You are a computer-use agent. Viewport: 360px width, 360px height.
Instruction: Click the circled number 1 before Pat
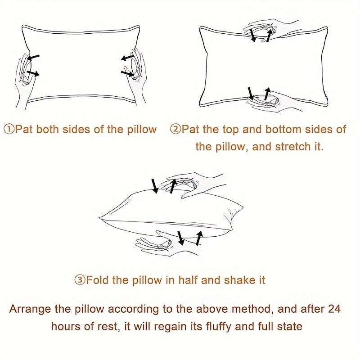(9, 129)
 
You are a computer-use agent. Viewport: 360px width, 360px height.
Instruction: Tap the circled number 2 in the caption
(175, 129)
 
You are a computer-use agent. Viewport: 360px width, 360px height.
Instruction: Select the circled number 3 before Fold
(80, 280)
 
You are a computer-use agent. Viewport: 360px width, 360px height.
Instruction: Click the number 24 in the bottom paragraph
(334, 309)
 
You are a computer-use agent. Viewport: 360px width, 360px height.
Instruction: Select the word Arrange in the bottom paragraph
(30, 310)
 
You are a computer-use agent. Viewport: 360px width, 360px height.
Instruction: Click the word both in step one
(48, 129)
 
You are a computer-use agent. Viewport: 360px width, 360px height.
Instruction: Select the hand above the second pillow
(271, 29)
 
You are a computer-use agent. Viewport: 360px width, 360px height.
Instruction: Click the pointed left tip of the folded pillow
(99, 217)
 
